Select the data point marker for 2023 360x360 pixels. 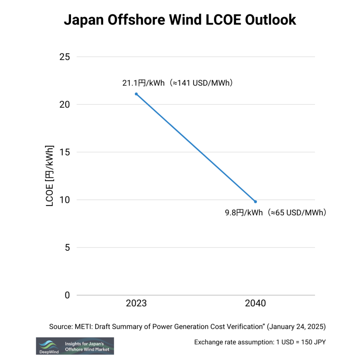coord(136,94)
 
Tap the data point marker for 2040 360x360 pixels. coord(256,201)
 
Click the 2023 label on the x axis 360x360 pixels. coord(136,303)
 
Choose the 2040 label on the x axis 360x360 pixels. coord(256,303)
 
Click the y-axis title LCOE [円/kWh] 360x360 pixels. coord(50,176)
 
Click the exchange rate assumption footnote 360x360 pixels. coord(260,342)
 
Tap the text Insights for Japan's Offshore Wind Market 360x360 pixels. coord(87,346)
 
